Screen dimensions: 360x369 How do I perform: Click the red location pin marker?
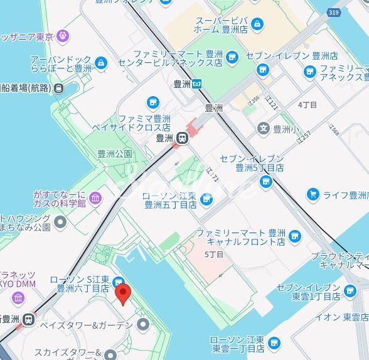click(x=123, y=293)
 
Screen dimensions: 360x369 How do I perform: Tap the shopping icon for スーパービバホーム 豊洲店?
click(x=257, y=24)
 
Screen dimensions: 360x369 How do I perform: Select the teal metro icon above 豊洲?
click(x=196, y=83)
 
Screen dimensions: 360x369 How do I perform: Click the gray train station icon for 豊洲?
click(x=183, y=138)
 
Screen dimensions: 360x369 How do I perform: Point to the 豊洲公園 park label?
click(x=115, y=153)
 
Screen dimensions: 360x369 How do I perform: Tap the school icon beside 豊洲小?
click(x=264, y=129)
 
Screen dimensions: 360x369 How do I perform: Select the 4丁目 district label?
click(x=307, y=104)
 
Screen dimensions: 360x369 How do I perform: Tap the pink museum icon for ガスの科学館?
click(x=95, y=199)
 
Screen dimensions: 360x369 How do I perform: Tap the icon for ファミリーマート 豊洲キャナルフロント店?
click(x=295, y=237)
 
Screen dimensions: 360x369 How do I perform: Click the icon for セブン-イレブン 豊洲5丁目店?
click(x=266, y=182)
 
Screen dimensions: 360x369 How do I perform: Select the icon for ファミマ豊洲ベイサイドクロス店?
click(x=152, y=102)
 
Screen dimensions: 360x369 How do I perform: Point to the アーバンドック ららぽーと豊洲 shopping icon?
click(x=102, y=63)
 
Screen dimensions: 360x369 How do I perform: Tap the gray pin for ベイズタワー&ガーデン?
click(x=144, y=325)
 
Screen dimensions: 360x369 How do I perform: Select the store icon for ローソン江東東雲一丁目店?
click(x=274, y=344)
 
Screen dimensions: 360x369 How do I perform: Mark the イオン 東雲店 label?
click(x=340, y=317)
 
